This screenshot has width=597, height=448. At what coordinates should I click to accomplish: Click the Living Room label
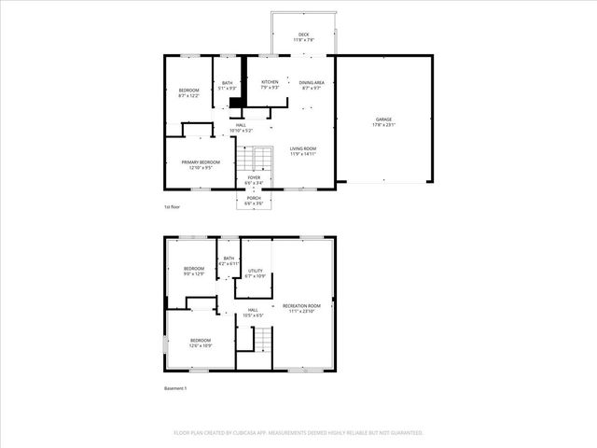pos(302,151)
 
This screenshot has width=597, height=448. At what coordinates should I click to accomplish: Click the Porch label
pos(254,200)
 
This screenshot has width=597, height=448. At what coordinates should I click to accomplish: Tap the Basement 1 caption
pos(175,387)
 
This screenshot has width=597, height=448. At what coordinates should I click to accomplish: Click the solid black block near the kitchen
pos(236,104)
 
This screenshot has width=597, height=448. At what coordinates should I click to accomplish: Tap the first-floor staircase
pos(264,158)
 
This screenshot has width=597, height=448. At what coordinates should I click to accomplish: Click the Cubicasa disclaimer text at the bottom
pos(298,433)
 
